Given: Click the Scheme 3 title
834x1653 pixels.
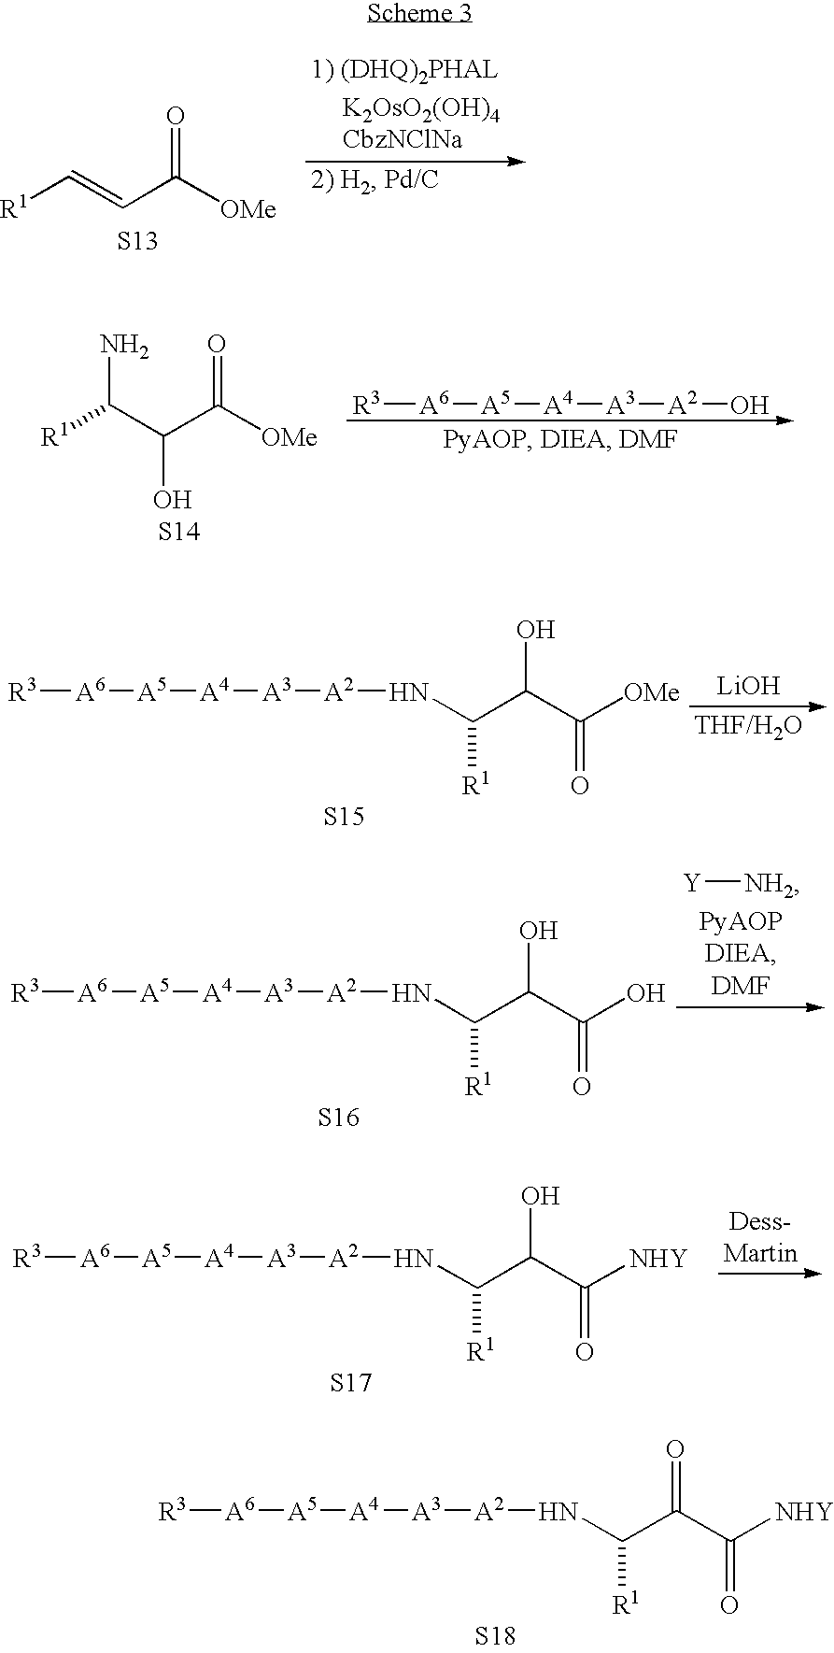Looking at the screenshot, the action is tap(419, 13).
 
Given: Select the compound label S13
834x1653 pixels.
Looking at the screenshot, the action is tap(137, 242).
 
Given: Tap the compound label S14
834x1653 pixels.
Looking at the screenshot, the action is tap(178, 532).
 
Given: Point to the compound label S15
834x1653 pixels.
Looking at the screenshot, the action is tap(344, 816).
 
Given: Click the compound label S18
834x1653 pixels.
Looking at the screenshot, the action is tap(494, 1635).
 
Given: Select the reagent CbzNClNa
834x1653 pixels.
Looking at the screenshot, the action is tap(403, 139).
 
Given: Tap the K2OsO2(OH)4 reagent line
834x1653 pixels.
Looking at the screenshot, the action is tap(420, 110).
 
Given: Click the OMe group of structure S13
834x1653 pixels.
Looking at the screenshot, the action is tap(248, 209).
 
